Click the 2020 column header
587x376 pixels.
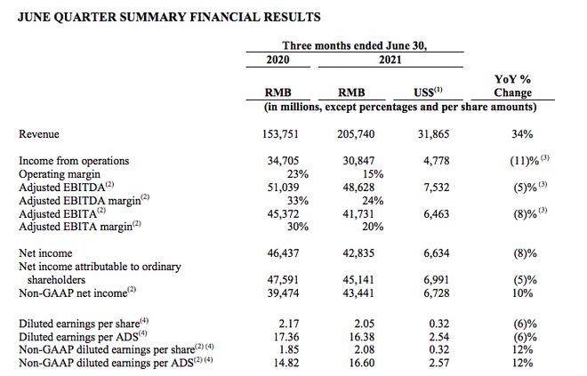[277, 60]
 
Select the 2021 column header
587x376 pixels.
[390, 60]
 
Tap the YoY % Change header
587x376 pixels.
[512, 85]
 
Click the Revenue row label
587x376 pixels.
[39, 134]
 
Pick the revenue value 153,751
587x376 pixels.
[280, 134]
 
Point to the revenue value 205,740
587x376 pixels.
[356, 134]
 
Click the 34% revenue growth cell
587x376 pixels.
[522, 134]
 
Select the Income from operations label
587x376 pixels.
[74, 161]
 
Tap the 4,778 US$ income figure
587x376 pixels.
[436, 161]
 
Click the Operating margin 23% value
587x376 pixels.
[298, 174]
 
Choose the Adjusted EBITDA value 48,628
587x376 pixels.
[358, 188]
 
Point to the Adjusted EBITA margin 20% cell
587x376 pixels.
[373, 227]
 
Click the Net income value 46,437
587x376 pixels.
[283, 253]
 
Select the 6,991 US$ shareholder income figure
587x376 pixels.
[436, 280]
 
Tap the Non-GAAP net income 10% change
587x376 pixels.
[523, 293]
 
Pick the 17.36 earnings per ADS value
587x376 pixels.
[286, 337]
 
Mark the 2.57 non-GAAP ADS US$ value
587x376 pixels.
[438, 363]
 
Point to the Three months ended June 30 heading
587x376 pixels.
[355, 45]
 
